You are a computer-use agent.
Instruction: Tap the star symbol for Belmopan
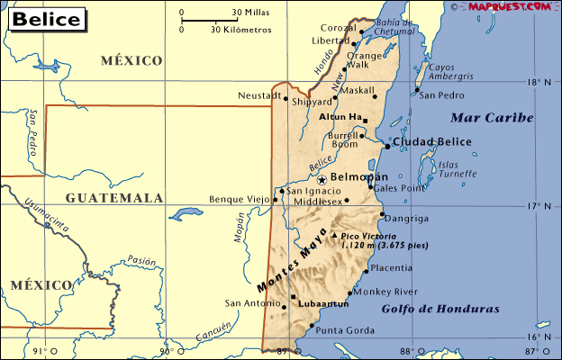point(322,179)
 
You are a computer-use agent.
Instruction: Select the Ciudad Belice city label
point(431,142)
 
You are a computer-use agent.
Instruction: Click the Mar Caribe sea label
point(493,118)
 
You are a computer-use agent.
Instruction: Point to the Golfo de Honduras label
point(440,309)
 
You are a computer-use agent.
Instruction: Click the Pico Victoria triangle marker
point(335,236)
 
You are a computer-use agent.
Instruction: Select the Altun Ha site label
point(339,117)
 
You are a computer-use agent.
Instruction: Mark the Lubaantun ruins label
point(322,304)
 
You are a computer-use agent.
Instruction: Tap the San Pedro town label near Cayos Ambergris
point(443,94)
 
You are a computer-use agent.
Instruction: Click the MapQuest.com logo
point(510,7)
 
